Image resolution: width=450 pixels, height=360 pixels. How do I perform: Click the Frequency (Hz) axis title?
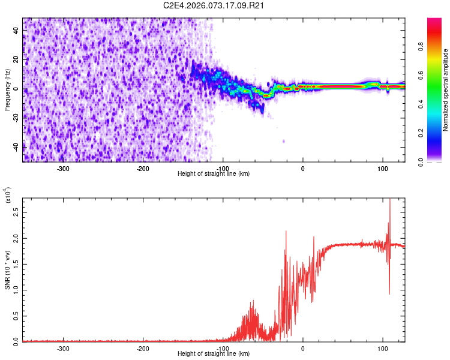click(x=7, y=90)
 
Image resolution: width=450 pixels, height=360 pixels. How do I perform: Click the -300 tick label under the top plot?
click(x=63, y=168)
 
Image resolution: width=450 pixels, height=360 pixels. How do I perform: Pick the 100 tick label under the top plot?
click(x=382, y=168)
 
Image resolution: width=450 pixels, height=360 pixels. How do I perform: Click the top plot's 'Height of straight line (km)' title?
click(x=214, y=174)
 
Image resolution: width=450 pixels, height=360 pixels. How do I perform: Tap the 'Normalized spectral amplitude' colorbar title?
click(x=446, y=90)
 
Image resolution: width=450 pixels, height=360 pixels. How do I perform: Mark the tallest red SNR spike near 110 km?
click(x=390, y=200)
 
